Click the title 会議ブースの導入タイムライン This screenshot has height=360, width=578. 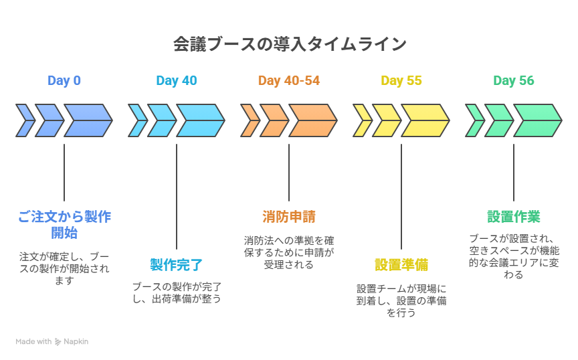(289, 44)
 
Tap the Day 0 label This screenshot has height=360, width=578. (64, 81)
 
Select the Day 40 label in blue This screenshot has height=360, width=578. (177, 81)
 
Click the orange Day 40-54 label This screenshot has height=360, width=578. (289, 81)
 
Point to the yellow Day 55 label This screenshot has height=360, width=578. (401, 81)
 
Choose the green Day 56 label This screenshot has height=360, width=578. (514, 81)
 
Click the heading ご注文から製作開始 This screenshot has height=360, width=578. (64, 225)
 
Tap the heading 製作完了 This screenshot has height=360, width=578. (177, 265)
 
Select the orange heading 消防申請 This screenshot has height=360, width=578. (289, 217)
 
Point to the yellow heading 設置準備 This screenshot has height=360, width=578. (401, 265)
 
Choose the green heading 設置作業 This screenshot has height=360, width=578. (514, 217)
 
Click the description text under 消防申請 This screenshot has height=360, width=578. (289, 252)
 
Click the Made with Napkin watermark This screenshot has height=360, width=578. (52, 341)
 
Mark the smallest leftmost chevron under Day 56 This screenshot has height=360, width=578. (474, 120)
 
